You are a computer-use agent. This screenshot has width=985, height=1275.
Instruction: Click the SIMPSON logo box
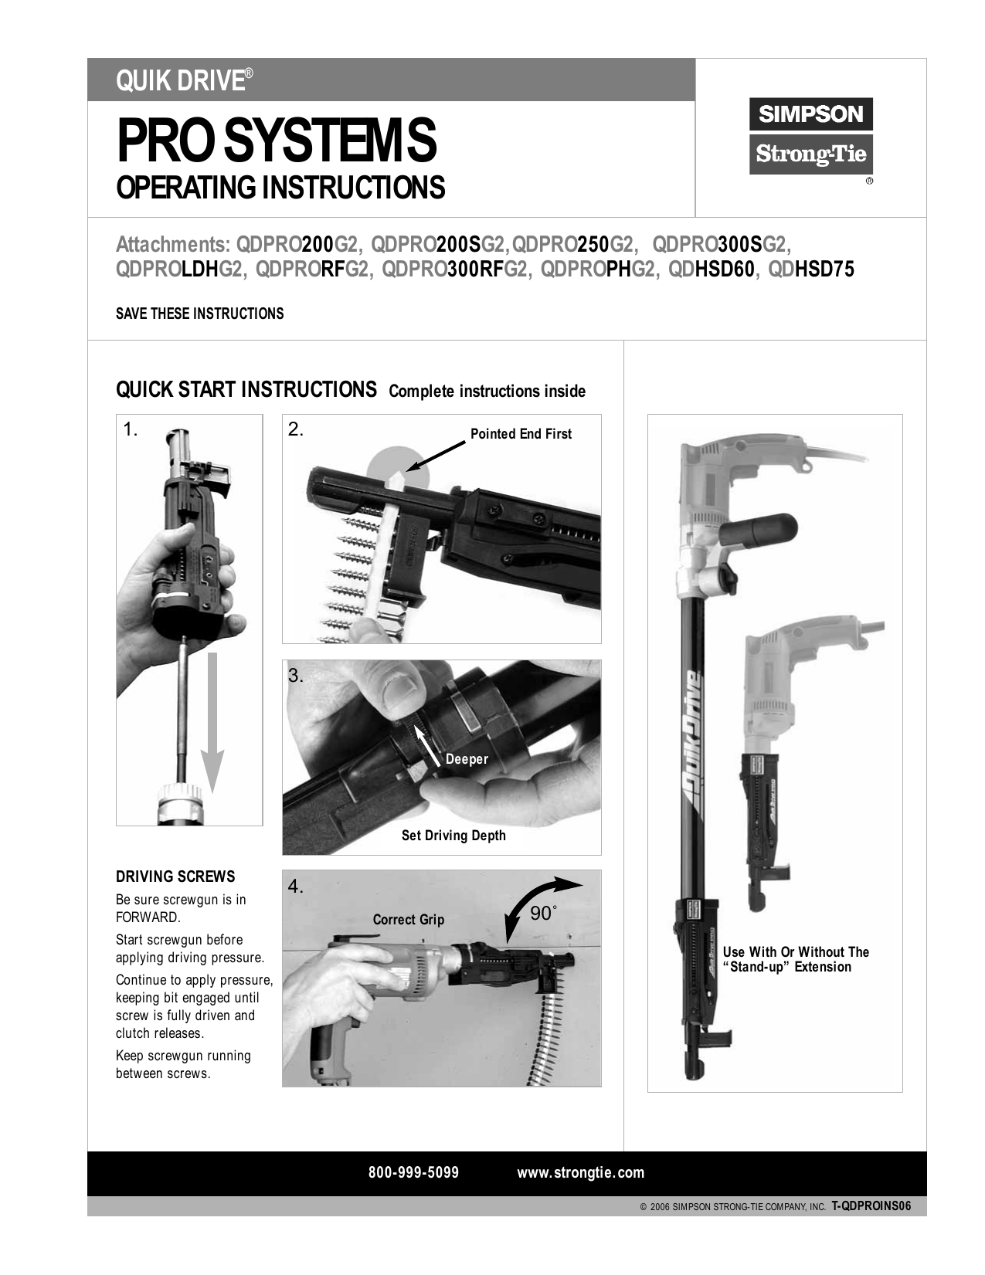(810, 114)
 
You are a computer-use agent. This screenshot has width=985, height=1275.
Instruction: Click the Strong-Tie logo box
(810, 154)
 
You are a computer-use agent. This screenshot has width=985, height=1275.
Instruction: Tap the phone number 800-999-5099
(413, 1172)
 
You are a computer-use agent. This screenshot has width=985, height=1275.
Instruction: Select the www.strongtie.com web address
(580, 1172)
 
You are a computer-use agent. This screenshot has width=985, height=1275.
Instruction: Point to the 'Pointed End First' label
(521, 434)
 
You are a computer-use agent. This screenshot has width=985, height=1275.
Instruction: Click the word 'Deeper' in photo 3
(467, 759)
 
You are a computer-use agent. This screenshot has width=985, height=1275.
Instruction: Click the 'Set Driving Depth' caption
(453, 836)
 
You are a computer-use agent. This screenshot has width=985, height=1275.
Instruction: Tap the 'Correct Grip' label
(408, 920)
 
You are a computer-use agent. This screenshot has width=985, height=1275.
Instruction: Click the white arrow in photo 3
(426, 742)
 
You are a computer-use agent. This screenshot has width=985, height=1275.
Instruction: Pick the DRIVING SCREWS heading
(175, 877)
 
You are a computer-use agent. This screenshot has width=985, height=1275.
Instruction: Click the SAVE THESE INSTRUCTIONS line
(199, 314)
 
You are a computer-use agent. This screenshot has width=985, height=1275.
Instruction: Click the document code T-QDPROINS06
(871, 1206)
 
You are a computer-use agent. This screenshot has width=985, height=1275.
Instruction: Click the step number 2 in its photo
(296, 430)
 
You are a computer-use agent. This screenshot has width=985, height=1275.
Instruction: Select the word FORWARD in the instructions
(147, 917)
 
